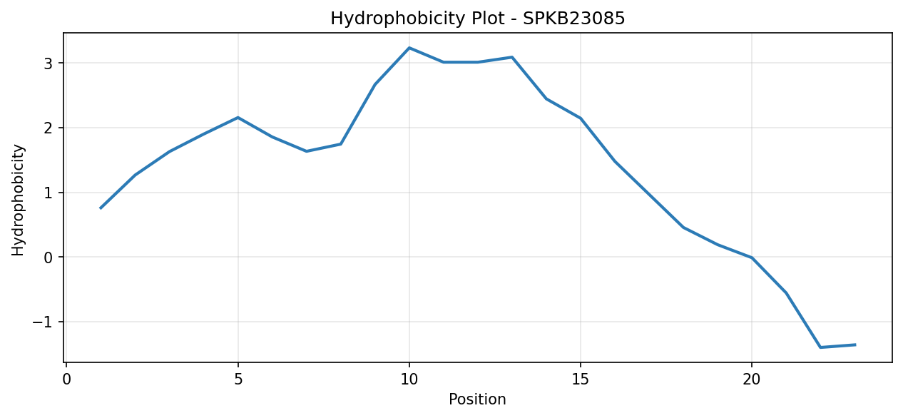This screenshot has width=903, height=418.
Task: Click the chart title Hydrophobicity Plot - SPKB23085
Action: pyautogui.click(x=478, y=19)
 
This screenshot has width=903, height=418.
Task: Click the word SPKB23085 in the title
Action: pyautogui.click(x=574, y=19)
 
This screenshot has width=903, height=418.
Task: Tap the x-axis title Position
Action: pyautogui.click(x=477, y=399)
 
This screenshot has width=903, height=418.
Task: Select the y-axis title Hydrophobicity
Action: pyautogui.click(x=18, y=200)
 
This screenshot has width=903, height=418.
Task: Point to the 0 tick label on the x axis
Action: pyautogui.click(x=67, y=379)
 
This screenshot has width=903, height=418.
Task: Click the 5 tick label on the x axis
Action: pyautogui.click(x=238, y=379)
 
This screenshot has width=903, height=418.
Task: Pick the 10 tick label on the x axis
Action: pyautogui.click(x=409, y=379)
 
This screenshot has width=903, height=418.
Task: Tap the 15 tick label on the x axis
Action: pyautogui.click(x=581, y=379)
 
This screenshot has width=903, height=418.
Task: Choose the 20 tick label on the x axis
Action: pyautogui.click(x=751, y=379)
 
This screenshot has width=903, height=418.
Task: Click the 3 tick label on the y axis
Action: pyautogui.click(x=49, y=63)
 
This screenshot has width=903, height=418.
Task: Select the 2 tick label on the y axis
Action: pyautogui.click(x=49, y=128)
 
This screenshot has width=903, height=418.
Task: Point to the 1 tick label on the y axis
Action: pyautogui.click(x=49, y=193)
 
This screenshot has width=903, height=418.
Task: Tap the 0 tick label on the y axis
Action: pyautogui.click(x=49, y=258)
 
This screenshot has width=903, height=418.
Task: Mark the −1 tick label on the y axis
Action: pyautogui.click(x=43, y=322)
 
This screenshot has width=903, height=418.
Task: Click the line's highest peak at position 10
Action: pyautogui.click(x=409, y=48)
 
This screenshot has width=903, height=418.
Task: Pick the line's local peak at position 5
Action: pyautogui.click(x=238, y=118)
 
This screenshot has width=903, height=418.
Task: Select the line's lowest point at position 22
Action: pyautogui.click(x=820, y=347)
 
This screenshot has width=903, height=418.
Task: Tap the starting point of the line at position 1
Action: pyautogui.click(x=101, y=208)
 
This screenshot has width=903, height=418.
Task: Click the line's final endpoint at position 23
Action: pyautogui.click(x=854, y=345)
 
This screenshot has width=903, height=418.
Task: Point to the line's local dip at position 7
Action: pyautogui.click(x=307, y=151)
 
